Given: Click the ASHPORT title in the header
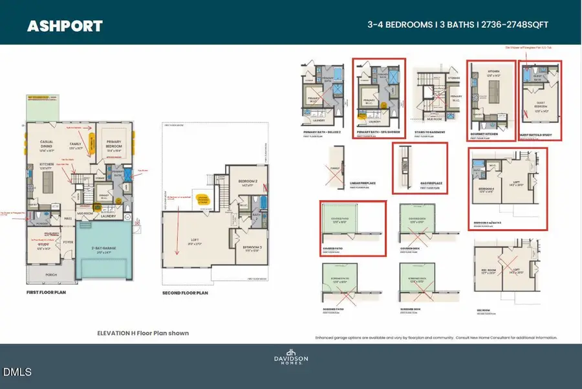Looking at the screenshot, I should (x=64, y=27).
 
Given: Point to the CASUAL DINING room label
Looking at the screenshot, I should (x=48, y=146).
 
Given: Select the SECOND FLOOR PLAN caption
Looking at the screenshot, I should (x=185, y=293).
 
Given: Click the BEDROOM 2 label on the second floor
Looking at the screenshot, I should (x=248, y=181).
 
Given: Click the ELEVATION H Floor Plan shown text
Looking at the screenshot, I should (x=142, y=333).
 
